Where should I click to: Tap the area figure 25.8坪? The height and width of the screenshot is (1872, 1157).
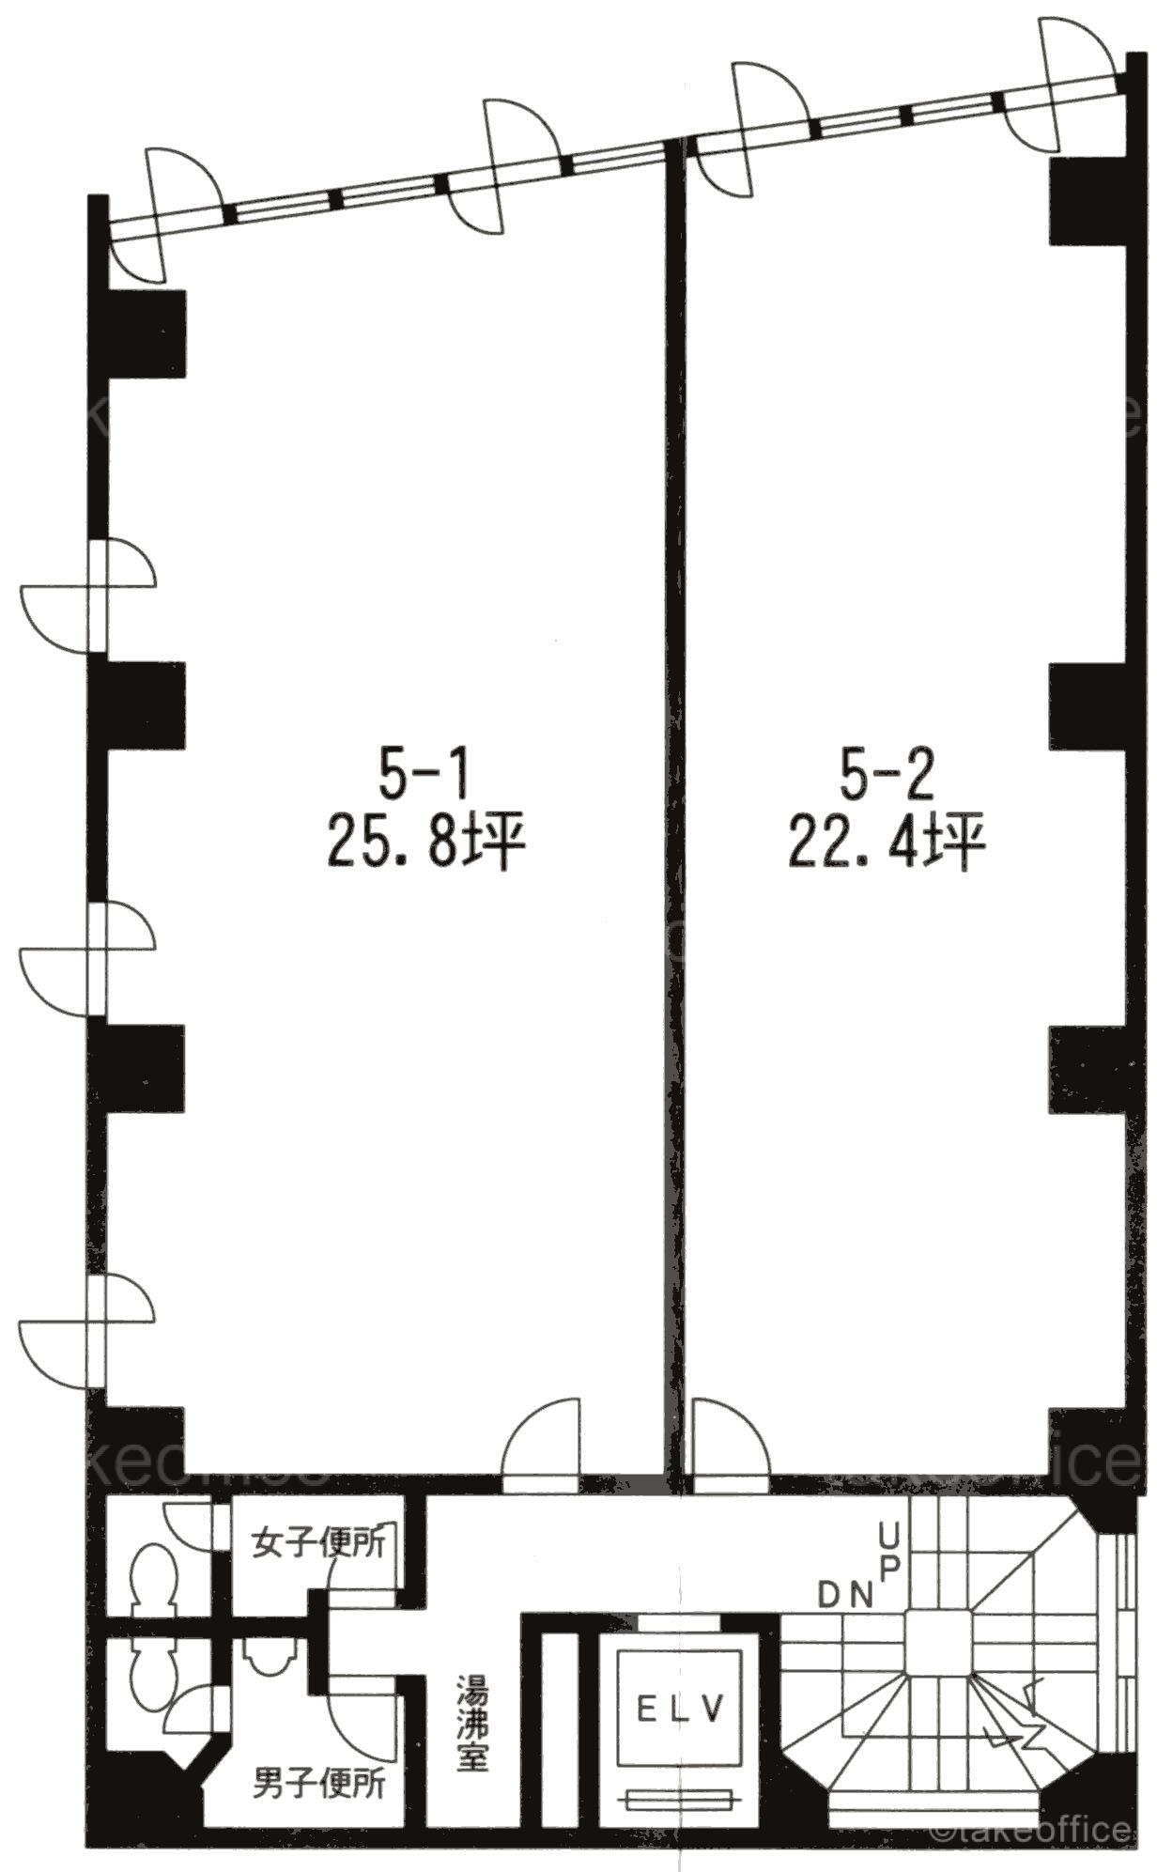(x=424, y=843)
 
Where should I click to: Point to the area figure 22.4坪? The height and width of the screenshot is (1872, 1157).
(x=887, y=843)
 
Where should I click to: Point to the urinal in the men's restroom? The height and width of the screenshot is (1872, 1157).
(x=270, y=1658)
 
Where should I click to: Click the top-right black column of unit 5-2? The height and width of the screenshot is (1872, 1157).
(x=1086, y=201)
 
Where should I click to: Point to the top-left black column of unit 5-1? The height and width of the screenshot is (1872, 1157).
(x=138, y=333)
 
